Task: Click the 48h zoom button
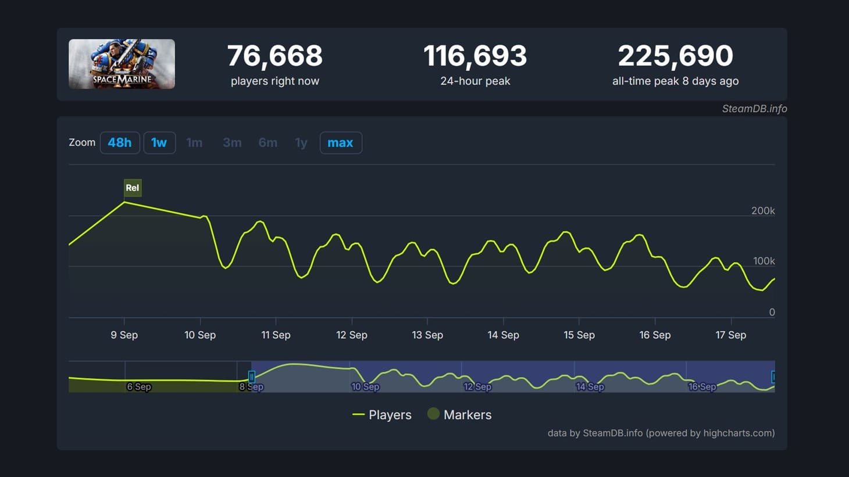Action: [120, 143]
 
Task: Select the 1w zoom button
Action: [159, 143]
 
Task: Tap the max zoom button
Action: [341, 143]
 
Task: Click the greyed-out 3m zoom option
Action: [232, 143]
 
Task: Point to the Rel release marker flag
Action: [133, 188]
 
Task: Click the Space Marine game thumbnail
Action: [122, 64]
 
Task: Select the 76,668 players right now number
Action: [275, 56]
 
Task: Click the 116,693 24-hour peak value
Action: [475, 56]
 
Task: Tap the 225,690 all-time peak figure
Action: [675, 56]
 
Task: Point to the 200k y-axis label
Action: [763, 210]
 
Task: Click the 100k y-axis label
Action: [764, 261]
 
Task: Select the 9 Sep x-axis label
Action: [124, 335]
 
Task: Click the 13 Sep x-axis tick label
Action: [427, 335]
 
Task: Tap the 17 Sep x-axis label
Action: [731, 335]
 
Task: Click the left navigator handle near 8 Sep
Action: [252, 376]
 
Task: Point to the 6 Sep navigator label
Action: [139, 386]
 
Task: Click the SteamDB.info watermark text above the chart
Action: [754, 109]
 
